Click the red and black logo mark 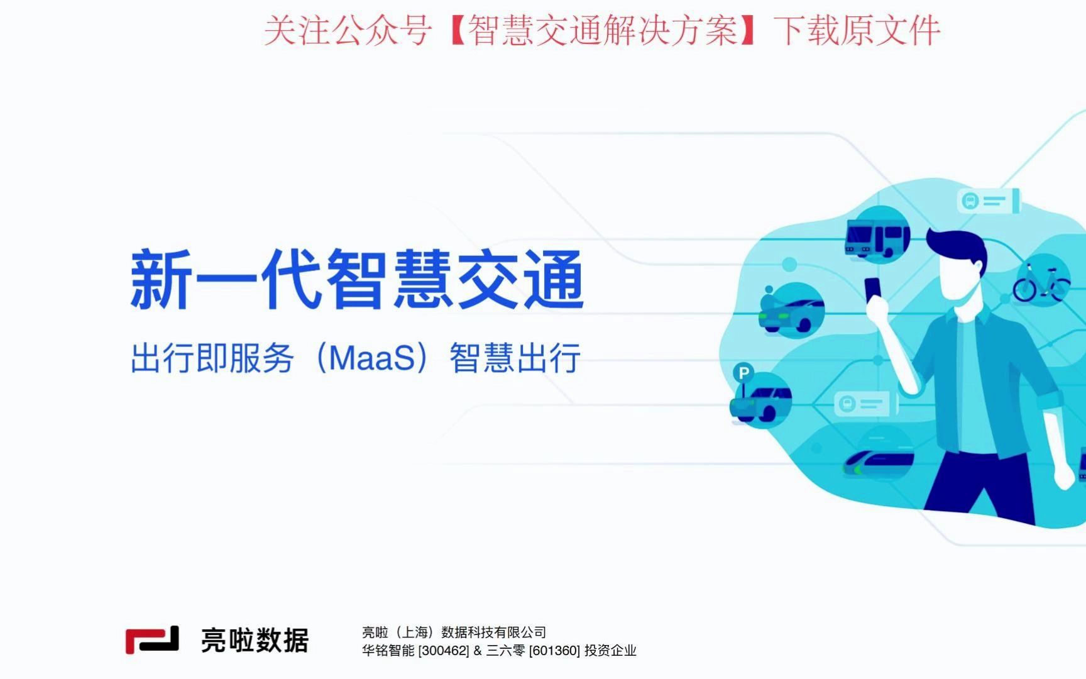tap(152, 640)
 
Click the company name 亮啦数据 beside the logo tap(255, 641)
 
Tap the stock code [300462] tap(444, 651)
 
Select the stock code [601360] tap(554, 651)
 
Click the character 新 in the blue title tap(161, 280)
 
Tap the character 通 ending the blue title tap(553, 280)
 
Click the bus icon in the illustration tap(877, 237)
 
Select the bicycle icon tap(1041, 282)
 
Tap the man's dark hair tap(955, 245)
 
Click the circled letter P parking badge tap(743, 373)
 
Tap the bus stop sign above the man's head tap(987, 201)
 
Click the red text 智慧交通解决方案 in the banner tap(602, 31)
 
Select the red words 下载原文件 tap(857, 31)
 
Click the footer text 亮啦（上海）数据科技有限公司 tap(454, 632)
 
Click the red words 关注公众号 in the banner tap(348, 31)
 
